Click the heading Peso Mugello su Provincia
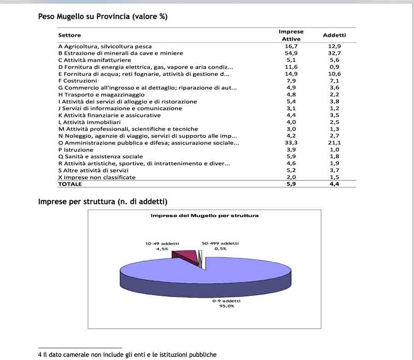coord(103,17)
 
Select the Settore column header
coord(69,35)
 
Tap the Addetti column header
coord(334,35)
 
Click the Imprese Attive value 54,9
coord(291,53)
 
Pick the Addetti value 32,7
coord(334,53)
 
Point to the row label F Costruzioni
coord(77,81)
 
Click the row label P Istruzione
coord(75,150)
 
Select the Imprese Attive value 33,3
coord(291,143)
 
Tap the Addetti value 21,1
coord(334,143)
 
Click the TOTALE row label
coord(70,184)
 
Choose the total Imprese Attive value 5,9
coord(291,184)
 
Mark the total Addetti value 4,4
coord(334,184)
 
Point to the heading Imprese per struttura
coord(103,201)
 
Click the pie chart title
coord(205,215)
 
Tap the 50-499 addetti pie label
coord(220,244)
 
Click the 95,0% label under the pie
coord(226,306)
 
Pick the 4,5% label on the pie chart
coord(162,249)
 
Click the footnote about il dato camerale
coord(127,354)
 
